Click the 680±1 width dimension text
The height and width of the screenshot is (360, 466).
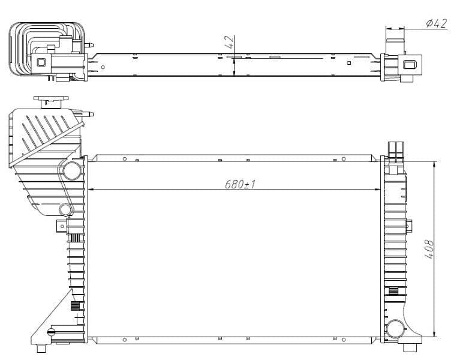point(240,184)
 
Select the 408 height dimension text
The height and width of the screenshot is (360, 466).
point(428,248)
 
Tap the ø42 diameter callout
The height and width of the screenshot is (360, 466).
point(436,23)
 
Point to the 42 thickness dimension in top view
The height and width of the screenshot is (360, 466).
point(229,43)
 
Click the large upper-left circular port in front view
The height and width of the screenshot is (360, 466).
point(72,170)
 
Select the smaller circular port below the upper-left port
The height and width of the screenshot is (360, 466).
point(66,209)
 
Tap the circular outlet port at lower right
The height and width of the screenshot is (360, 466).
point(395,328)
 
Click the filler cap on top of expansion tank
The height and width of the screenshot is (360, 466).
point(51,100)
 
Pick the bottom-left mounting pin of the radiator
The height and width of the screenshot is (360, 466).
point(41,349)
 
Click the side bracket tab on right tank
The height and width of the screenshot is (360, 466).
point(410,226)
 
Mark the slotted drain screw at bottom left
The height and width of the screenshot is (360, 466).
point(51,332)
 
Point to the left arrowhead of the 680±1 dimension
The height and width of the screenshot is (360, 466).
point(92,190)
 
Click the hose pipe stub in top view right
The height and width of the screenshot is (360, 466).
point(394,47)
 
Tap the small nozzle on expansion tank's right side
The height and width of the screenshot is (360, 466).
point(90,113)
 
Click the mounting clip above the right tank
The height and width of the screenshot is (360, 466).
point(396,151)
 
